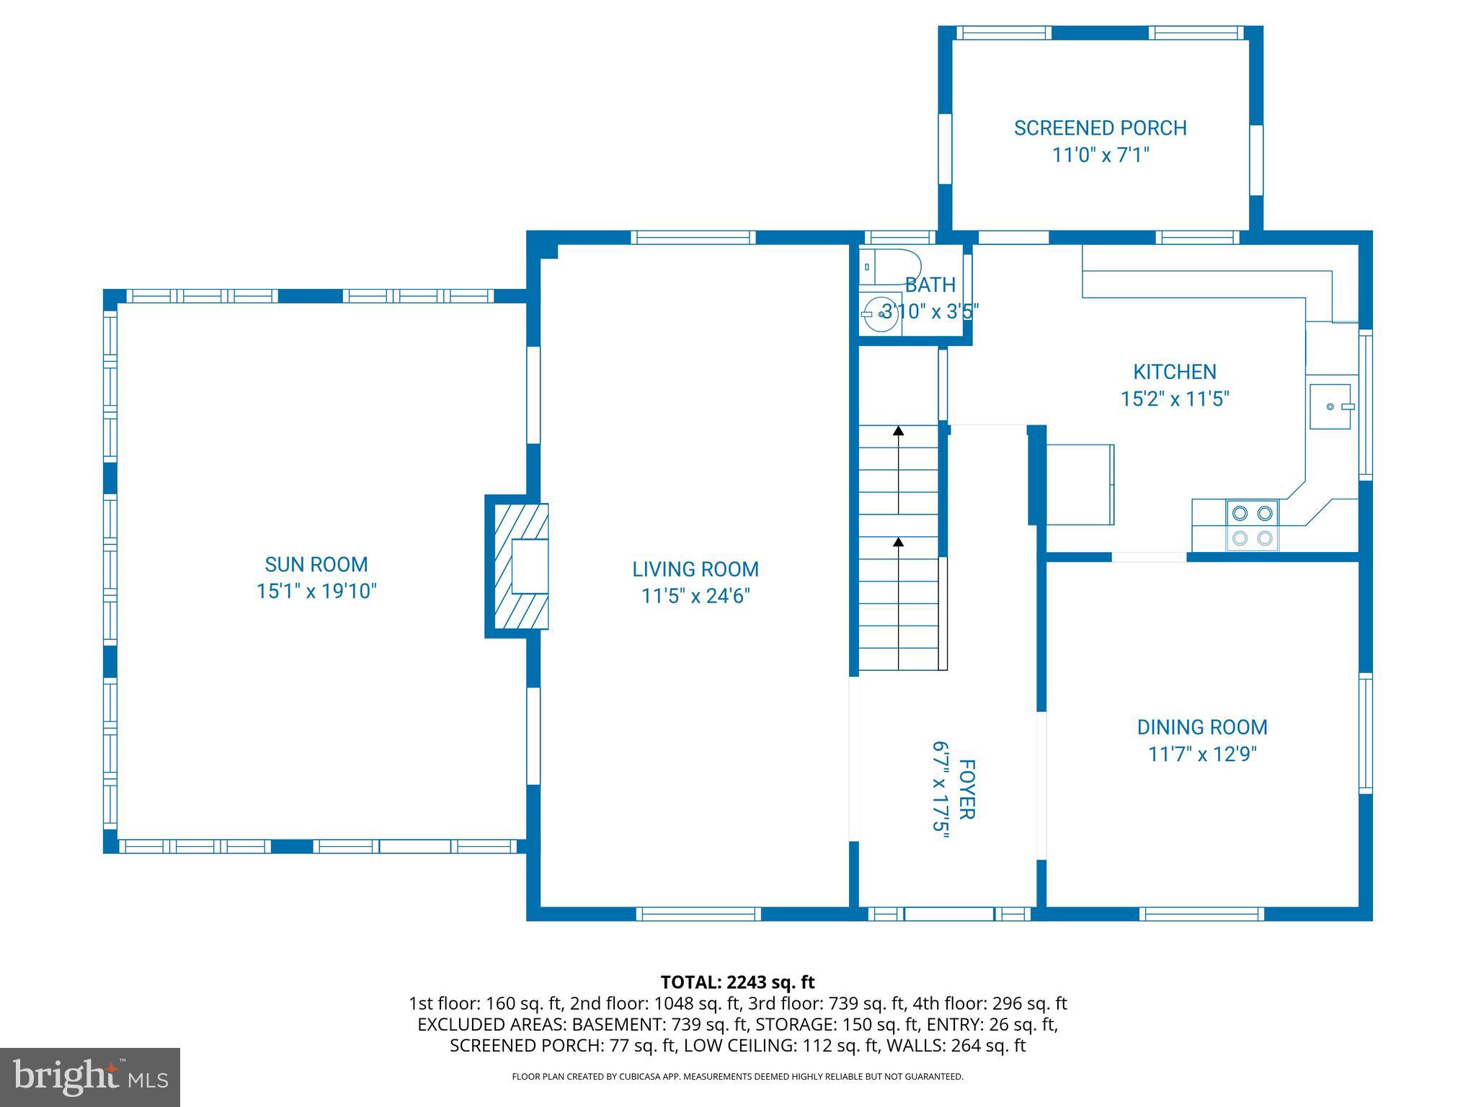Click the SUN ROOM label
click(x=316, y=564)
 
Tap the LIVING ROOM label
click(x=695, y=569)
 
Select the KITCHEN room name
click(x=1175, y=372)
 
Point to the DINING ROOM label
click(x=1202, y=727)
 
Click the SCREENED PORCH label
click(x=1101, y=128)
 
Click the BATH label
click(x=930, y=285)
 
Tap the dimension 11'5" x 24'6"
click(x=695, y=596)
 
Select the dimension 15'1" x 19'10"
click(x=316, y=591)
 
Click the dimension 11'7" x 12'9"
click(x=1202, y=754)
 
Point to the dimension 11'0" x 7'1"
click(x=1101, y=155)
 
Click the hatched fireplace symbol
click(x=517, y=566)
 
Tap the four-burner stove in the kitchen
click(x=1252, y=525)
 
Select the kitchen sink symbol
click(x=1330, y=406)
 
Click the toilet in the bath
click(x=891, y=267)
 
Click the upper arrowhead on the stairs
click(x=898, y=431)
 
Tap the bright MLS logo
click(x=90, y=1077)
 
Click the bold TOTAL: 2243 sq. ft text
click(x=737, y=982)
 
